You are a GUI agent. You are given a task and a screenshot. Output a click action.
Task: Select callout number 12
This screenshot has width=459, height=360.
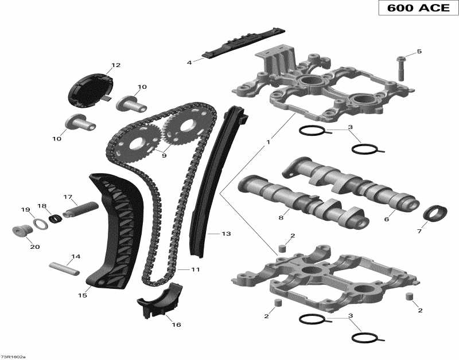pyautogui.click(x=116, y=65)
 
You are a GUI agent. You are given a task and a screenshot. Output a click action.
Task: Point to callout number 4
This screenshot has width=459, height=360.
pyautogui.click(x=189, y=62)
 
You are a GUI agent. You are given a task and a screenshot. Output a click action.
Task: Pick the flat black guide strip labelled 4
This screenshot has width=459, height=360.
pyautogui.click(x=244, y=43)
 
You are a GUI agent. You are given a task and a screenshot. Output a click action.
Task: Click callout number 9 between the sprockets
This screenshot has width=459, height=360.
pyautogui.click(x=164, y=155)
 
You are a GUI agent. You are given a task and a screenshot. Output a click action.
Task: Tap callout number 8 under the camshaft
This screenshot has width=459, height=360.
pyautogui.click(x=281, y=217)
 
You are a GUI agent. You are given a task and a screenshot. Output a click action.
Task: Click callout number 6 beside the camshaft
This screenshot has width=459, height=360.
pyautogui.click(x=386, y=219)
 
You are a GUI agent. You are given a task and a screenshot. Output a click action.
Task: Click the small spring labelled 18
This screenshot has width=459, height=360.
pyautogui.click(x=56, y=218)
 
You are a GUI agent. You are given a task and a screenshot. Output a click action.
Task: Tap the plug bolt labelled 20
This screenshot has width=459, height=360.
pyautogui.click(x=22, y=232)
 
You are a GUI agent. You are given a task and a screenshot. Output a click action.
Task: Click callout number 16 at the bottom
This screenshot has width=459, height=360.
pyautogui.click(x=176, y=324)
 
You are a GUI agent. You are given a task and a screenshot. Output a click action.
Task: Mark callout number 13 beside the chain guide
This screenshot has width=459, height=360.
pyautogui.click(x=226, y=234)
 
